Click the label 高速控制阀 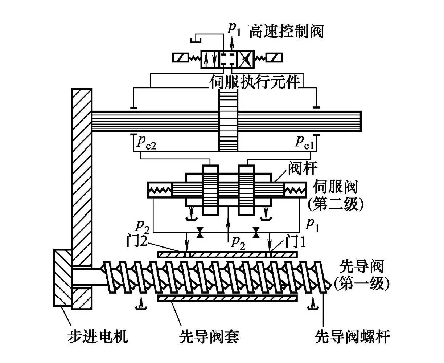(x=286, y=32)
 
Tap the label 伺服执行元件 (x=255, y=82)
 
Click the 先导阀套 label (x=209, y=337)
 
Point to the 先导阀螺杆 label (x=352, y=337)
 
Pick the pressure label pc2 (x=146, y=141)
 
